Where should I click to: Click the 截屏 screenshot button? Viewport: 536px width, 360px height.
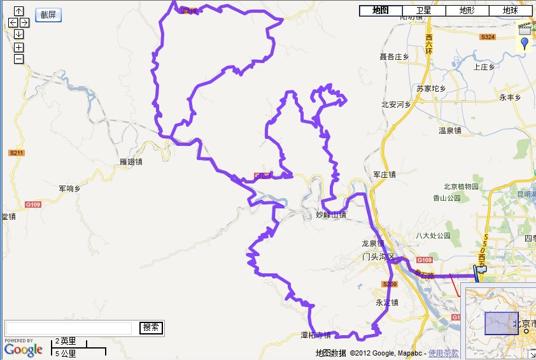48,15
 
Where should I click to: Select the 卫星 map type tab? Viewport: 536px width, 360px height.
423,11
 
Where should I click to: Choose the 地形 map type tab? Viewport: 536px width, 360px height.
467,11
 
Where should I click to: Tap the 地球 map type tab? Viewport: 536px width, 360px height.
510,11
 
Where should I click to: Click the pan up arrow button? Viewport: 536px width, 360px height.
18,11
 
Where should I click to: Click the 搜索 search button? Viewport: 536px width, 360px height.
151,328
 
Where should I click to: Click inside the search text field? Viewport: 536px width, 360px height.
69,328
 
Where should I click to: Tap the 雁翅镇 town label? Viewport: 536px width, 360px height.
131,162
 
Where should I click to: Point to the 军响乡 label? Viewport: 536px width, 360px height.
69,189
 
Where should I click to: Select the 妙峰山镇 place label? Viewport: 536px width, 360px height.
331,215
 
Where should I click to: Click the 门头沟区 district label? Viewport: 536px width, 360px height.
378,257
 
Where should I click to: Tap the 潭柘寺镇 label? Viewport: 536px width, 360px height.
316,335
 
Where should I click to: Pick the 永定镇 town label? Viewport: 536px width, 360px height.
386,303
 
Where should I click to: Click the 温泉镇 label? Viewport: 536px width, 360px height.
449,131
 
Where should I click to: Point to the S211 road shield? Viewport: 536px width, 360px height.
17,153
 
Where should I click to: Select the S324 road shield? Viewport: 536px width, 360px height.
488,38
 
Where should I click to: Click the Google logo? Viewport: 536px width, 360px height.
24,349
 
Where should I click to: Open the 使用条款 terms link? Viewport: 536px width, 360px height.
443,353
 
